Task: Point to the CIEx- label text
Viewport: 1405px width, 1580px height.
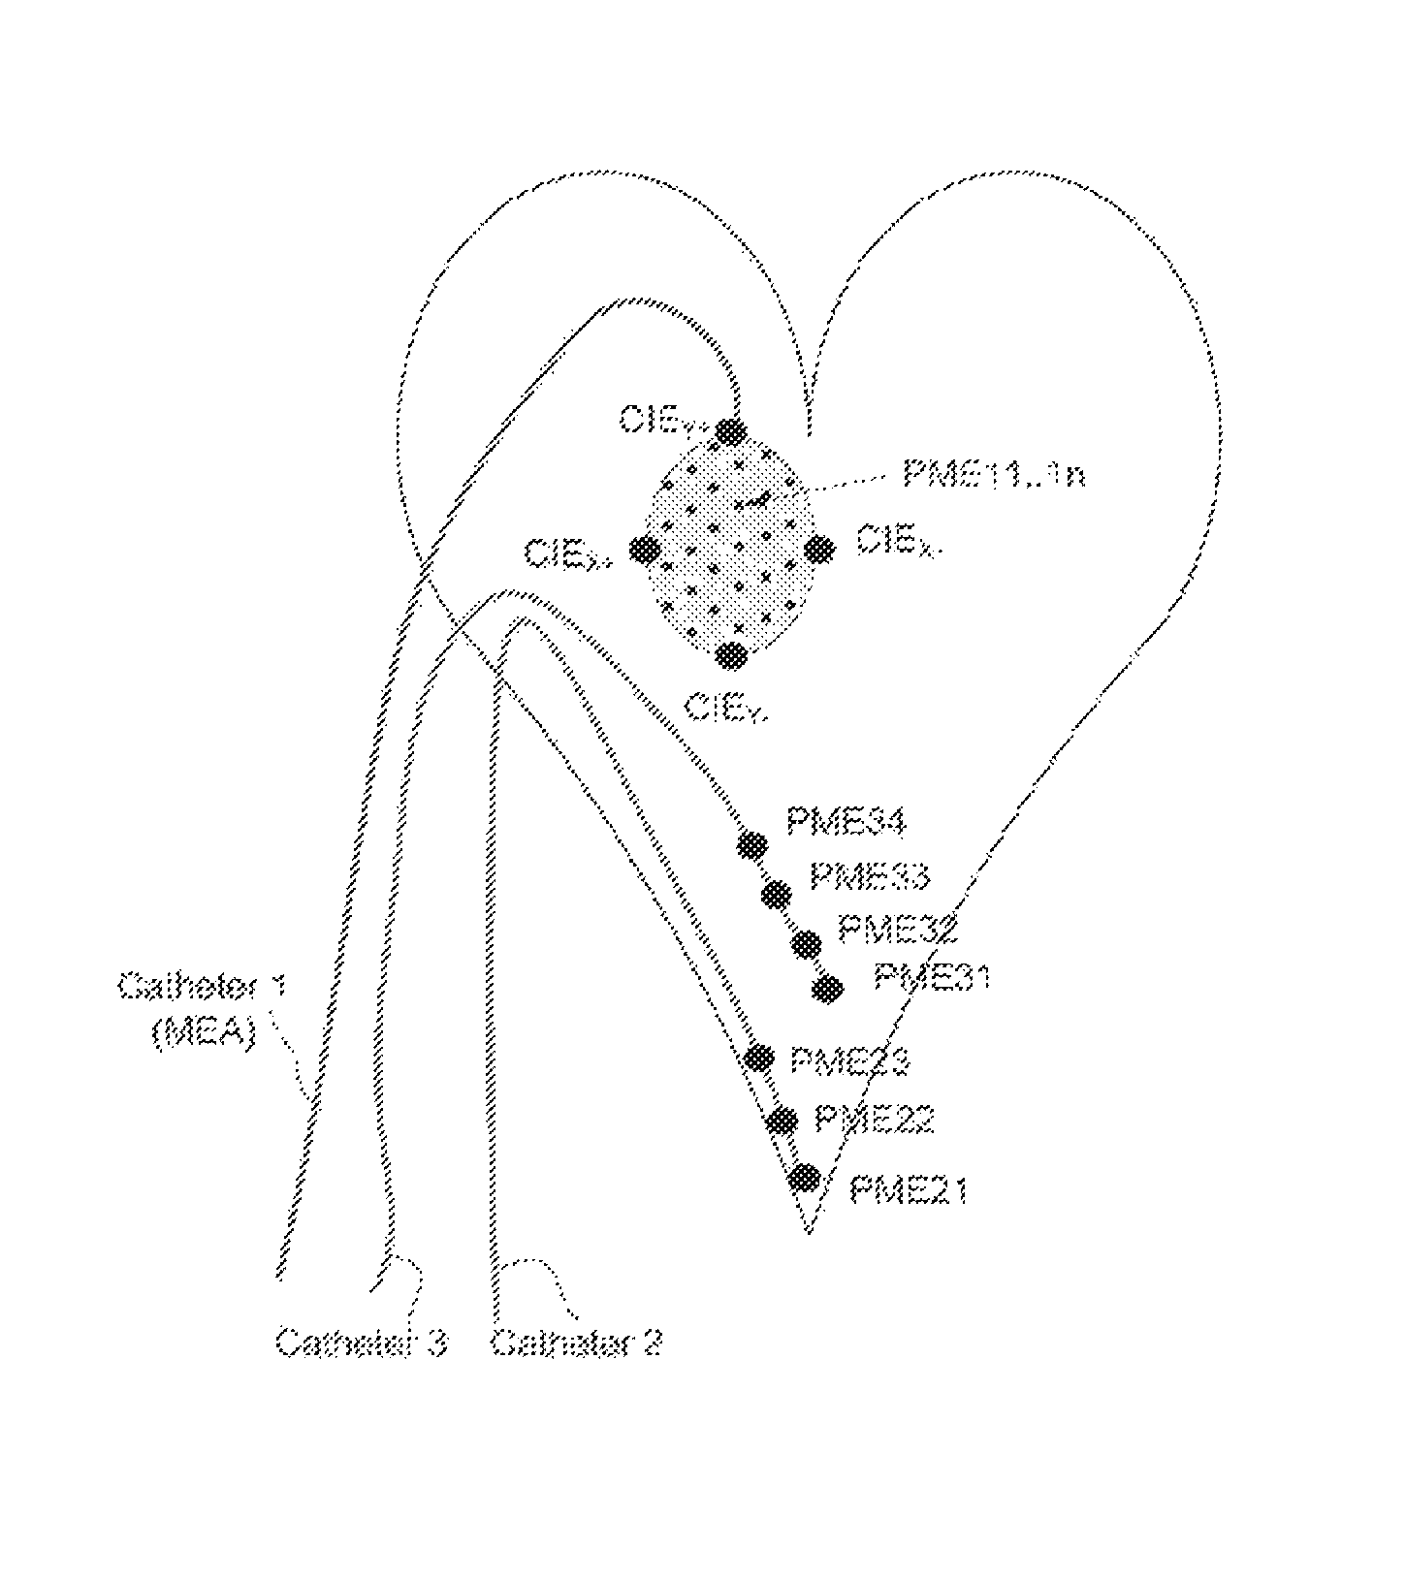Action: click(x=896, y=544)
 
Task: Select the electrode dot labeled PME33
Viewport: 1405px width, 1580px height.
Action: click(x=776, y=894)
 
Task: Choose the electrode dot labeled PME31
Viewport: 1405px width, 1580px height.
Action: click(x=828, y=989)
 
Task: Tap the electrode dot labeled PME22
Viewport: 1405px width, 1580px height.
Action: click(x=781, y=1121)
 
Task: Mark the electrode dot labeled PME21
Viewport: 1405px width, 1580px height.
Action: click(x=804, y=1178)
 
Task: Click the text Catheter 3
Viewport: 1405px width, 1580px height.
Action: click(x=362, y=1343)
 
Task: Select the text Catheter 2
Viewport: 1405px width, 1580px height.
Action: click(x=577, y=1343)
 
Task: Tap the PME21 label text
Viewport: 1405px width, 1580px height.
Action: click(x=909, y=1189)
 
